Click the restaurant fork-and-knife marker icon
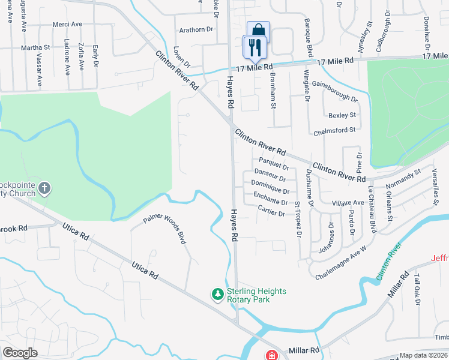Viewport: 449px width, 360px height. pos(255,46)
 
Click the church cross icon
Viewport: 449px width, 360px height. pos(44,189)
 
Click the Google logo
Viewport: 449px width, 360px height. pos(20,353)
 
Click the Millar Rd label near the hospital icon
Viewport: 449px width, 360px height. pos(304,350)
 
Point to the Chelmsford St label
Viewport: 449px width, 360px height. pos(333,130)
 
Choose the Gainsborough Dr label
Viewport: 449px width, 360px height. pos(334,91)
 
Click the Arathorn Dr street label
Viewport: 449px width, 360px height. pos(197,29)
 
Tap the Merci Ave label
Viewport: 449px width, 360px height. pos(67,24)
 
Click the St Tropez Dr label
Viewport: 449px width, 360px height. pos(297,219)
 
